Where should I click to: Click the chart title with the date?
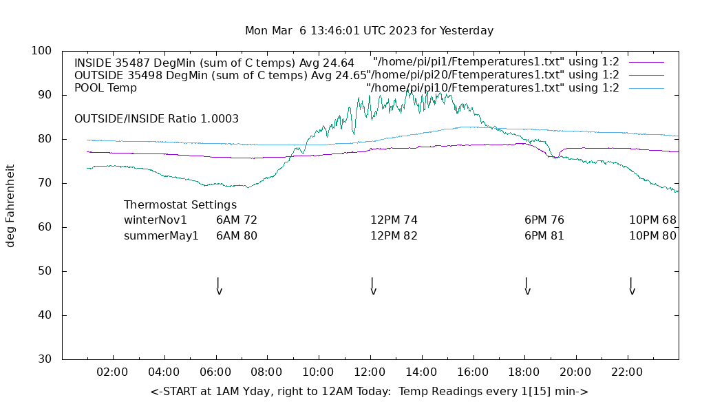click(x=369, y=31)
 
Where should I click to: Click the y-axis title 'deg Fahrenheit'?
click(x=10, y=205)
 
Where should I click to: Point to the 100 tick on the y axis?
click(x=42, y=51)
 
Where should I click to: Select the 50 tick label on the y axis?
click(x=45, y=271)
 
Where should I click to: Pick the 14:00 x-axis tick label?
click(x=421, y=372)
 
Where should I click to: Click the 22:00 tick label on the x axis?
click(x=627, y=372)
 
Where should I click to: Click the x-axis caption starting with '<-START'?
click(x=369, y=392)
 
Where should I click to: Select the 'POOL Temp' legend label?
click(x=105, y=88)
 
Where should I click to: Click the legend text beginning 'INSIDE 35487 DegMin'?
click(x=214, y=63)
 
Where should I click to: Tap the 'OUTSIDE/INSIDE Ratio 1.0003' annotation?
click(x=156, y=119)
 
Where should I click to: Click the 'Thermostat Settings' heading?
click(x=180, y=205)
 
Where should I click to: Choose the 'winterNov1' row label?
click(x=156, y=220)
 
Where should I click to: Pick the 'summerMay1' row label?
click(x=161, y=235)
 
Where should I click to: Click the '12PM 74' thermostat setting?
click(x=394, y=220)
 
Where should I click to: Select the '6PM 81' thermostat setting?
click(x=544, y=235)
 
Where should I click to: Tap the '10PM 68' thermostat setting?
click(x=652, y=220)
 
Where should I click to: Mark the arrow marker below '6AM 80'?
click(x=219, y=286)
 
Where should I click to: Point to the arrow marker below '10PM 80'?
click(x=631, y=286)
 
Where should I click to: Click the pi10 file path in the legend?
click(x=493, y=88)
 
